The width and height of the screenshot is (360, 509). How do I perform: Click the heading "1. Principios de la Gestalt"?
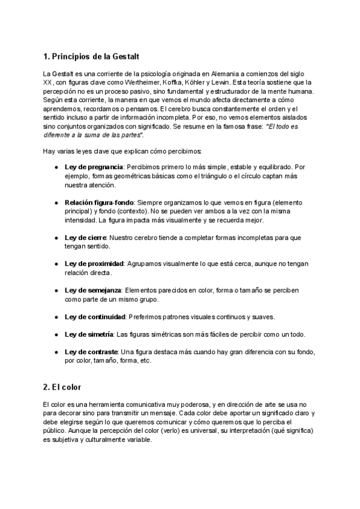91,57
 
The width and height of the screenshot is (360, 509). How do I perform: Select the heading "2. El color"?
66,387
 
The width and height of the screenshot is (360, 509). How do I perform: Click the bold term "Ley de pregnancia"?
94,166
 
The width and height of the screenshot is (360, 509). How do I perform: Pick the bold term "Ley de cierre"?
85,238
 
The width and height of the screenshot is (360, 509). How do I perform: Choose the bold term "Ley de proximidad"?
94,264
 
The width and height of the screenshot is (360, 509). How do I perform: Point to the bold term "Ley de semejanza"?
93,291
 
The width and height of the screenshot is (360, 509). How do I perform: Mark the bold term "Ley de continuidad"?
95,316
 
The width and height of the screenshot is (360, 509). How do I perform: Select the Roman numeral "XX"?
48,82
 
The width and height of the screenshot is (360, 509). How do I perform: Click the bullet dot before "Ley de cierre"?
56,238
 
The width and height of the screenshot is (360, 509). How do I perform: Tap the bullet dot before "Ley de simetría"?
56,334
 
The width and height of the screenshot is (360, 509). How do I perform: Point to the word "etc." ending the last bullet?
144,361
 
